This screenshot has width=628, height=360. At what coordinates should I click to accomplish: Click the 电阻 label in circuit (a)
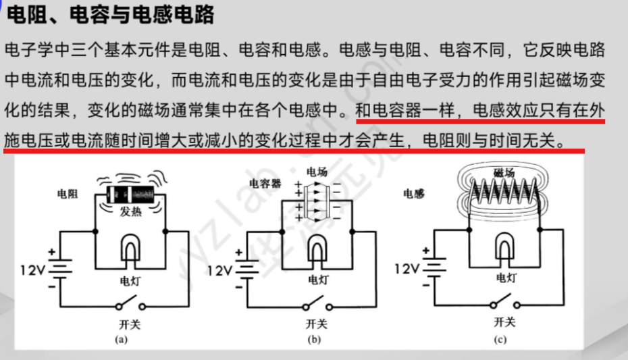[68, 195]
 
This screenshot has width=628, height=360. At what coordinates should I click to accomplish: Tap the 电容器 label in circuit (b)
[265, 183]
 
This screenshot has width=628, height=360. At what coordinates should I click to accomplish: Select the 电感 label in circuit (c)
[414, 195]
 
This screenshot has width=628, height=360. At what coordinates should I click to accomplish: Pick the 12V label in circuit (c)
[407, 268]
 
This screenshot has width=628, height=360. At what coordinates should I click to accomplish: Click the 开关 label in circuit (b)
[316, 324]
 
